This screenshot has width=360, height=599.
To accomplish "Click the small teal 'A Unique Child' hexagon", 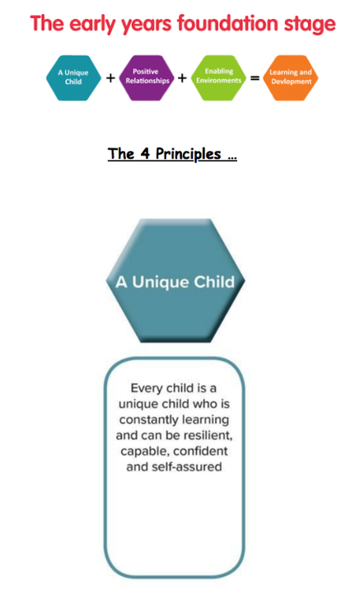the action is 73,78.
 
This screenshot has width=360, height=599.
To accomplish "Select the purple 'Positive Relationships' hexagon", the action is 147,78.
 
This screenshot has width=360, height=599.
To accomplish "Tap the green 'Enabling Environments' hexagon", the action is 219,77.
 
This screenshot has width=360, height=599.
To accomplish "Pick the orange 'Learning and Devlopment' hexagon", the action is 291,78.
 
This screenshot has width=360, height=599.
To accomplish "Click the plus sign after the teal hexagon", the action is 110,78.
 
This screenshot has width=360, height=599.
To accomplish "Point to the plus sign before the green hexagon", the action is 183,78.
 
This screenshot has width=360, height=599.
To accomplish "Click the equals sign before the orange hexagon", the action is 255,78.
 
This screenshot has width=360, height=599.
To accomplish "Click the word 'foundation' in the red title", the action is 228,24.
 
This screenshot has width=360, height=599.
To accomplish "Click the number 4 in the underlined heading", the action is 145,153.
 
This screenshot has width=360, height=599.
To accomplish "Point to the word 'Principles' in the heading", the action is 188,154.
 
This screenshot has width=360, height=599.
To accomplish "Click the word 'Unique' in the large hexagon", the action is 161,282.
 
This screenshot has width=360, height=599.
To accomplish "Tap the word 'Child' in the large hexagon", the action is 214,282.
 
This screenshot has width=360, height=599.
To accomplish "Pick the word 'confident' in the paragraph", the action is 200,452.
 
